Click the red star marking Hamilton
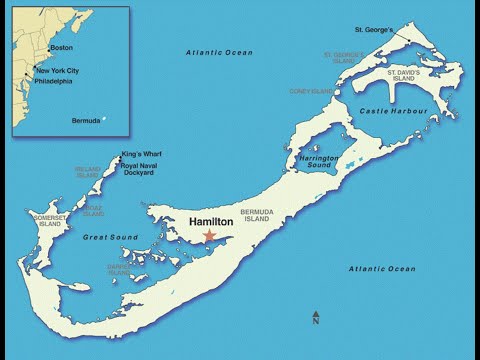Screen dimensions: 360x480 (x=209, y=236)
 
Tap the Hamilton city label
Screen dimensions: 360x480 (x=212, y=221)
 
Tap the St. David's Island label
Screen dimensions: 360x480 (x=410, y=76)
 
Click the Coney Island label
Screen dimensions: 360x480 (x=310, y=91)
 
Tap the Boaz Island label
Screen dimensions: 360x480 (x=93, y=210)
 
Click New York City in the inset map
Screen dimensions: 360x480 (x=57, y=72)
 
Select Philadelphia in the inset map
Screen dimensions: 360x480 (x=56, y=83)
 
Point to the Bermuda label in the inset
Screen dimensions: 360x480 (x=86, y=121)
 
